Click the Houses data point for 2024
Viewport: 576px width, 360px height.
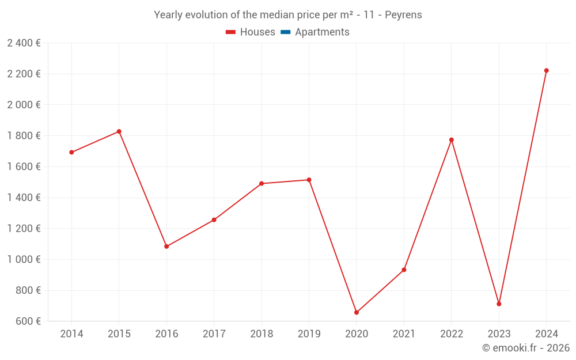[547, 71]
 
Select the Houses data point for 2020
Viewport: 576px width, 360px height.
[357, 313]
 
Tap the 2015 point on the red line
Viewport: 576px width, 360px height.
[119, 131]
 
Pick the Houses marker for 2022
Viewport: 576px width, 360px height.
[452, 140]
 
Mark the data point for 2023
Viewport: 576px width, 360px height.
[499, 304]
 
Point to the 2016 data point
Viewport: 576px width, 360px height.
[166, 247]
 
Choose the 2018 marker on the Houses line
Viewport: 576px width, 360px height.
[262, 184]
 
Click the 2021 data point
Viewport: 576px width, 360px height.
[404, 270]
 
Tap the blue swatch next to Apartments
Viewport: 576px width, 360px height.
[285, 32]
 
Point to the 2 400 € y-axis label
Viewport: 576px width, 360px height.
[24, 43]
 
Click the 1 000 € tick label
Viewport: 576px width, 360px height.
[24, 259]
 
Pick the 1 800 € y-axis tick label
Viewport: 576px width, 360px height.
[24, 136]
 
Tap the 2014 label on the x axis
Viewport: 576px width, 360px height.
[71, 334]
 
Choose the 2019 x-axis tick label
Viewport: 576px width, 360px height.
[309, 334]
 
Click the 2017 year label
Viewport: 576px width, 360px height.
[214, 334]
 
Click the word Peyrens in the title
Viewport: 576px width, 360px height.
[404, 15]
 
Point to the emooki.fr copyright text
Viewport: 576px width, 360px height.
[526, 348]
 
